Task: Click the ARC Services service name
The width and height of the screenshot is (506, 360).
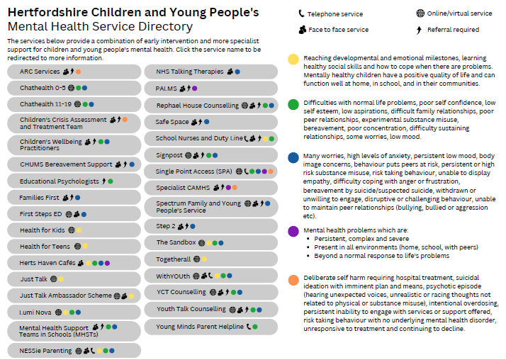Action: [40, 72]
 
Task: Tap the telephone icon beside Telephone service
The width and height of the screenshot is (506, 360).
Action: [301, 13]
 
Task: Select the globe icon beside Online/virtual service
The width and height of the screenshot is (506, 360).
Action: [420, 13]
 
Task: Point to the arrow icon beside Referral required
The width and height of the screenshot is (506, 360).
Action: [419, 30]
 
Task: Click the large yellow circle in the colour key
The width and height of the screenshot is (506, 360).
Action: [293, 60]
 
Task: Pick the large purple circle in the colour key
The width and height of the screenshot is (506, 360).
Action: [293, 231]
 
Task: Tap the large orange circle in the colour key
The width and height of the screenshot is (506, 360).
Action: [293, 280]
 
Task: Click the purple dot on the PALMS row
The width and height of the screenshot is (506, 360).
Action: [195, 88]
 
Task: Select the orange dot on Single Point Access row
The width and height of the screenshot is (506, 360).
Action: [271, 171]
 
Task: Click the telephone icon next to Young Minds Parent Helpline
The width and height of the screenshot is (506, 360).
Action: [249, 327]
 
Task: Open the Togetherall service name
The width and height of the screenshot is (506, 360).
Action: [174, 259]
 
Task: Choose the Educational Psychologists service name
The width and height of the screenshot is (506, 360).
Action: [60, 181]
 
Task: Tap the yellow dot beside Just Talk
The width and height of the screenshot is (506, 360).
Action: [61, 279]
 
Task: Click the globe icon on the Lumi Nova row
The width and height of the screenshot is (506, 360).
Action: [58, 312]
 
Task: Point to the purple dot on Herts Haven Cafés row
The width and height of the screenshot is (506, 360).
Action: [107, 263]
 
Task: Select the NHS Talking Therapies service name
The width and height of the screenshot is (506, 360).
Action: [190, 72]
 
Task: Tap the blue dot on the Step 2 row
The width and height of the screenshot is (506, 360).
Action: [193, 227]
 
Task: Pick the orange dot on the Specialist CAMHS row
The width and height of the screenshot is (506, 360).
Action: [235, 187]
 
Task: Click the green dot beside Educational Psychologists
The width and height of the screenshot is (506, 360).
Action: [111, 181]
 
